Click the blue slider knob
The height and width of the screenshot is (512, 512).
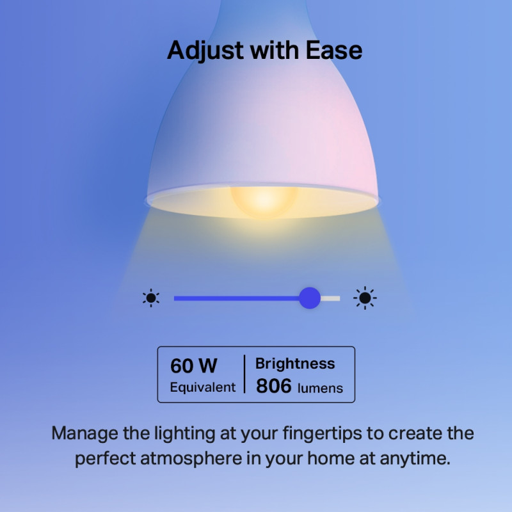click(x=310, y=298)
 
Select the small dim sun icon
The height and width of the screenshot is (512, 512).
click(x=151, y=298)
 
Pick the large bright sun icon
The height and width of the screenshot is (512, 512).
click(x=365, y=298)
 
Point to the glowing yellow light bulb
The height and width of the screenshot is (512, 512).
click(x=264, y=199)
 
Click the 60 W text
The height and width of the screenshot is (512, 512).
click(x=194, y=366)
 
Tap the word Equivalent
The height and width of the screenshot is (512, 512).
click(x=203, y=387)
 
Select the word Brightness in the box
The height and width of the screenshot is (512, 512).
click(x=295, y=364)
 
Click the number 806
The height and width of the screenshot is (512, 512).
click(x=274, y=386)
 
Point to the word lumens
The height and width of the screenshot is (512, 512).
click(x=320, y=388)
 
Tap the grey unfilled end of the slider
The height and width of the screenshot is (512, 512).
click(x=332, y=298)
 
